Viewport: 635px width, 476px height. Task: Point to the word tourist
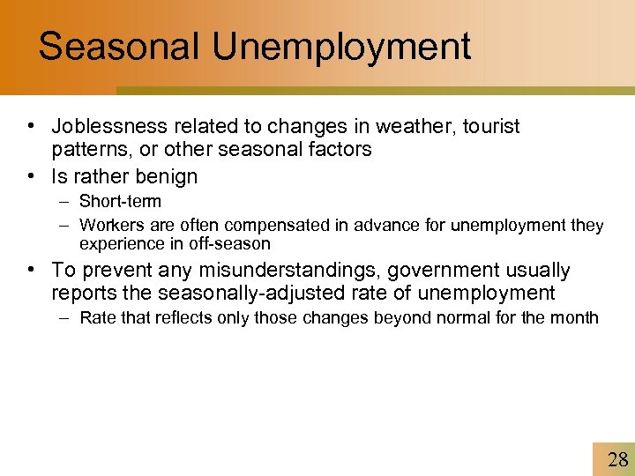pyautogui.click(x=488, y=127)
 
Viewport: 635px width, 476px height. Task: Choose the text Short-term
pyautogui.click(x=120, y=202)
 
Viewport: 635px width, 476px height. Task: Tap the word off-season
pyautogui.click(x=231, y=243)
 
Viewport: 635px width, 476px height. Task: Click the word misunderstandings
pyautogui.click(x=263, y=270)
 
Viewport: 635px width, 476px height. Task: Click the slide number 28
pyautogui.click(x=618, y=458)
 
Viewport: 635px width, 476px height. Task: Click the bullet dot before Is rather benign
pyautogui.click(x=32, y=176)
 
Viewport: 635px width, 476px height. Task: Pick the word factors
pyautogui.click(x=340, y=150)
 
